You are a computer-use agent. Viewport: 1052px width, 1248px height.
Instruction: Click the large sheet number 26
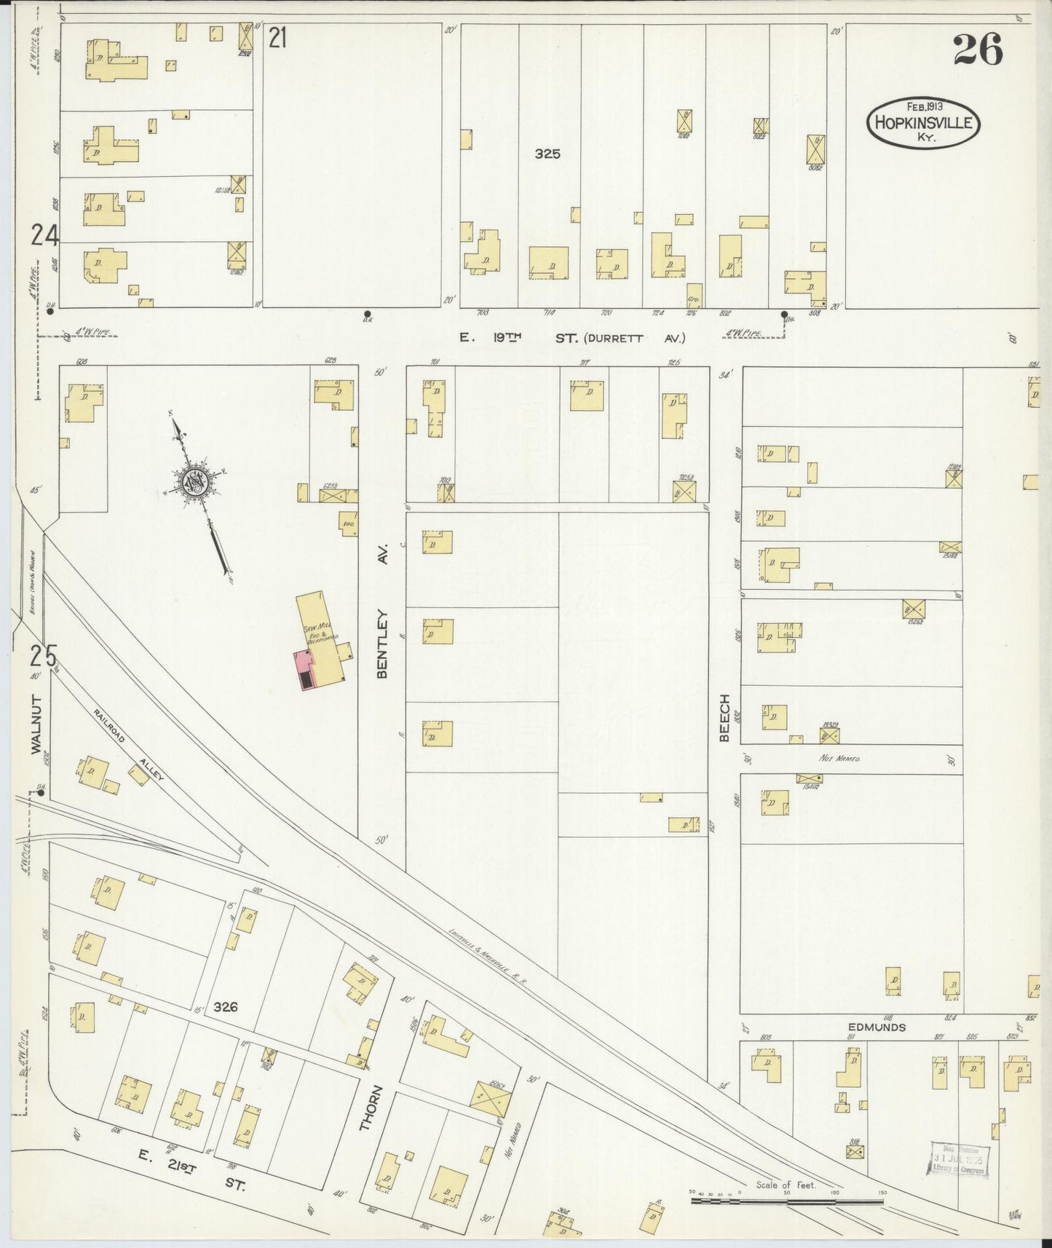point(977,50)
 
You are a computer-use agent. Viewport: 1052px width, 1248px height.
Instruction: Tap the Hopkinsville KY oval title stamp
point(923,122)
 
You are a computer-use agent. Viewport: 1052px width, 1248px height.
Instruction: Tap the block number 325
point(547,154)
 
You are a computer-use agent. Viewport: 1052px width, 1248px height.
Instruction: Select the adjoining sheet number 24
point(44,234)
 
